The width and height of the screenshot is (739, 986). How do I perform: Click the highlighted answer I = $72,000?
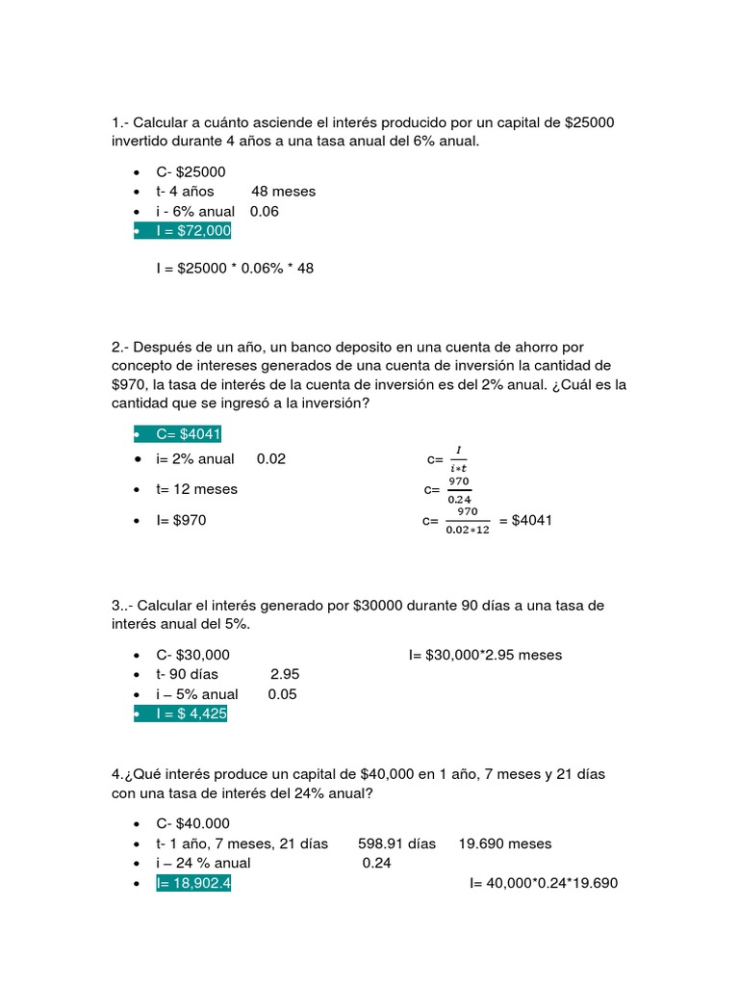pos(192,231)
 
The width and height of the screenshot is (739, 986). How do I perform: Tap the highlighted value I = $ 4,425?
pos(191,714)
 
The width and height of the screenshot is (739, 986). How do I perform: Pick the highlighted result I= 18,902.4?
pos(192,883)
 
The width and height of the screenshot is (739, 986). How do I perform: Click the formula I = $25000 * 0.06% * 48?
pos(235,268)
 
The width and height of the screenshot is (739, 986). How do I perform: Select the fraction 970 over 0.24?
pos(459,489)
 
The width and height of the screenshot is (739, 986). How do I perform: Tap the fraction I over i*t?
pos(459,459)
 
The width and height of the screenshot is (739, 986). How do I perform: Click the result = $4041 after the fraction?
pos(525,521)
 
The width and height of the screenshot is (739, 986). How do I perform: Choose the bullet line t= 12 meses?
pos(196,489)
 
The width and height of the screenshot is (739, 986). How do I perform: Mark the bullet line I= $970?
pos(181,521)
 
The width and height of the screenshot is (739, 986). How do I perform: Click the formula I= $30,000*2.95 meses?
pos(485,655)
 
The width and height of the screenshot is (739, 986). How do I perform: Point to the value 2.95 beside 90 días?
pos(286,674)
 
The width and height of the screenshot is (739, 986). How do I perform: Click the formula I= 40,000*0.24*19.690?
pos(543,883)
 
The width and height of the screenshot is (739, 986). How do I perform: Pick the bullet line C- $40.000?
pos(192,823)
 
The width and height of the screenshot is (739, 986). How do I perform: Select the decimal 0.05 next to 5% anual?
pos(283,694)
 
